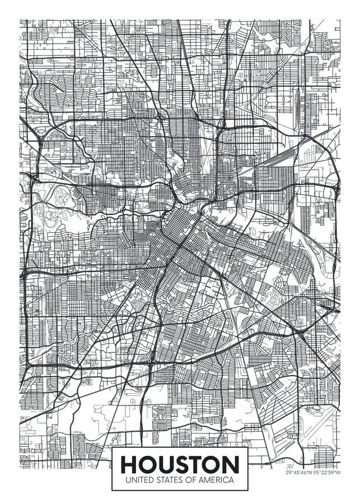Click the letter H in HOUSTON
point(130,464)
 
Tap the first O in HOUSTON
point(148,464)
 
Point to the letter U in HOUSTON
point(166,464)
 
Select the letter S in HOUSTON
point(183,464)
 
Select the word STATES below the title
point(168,480)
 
